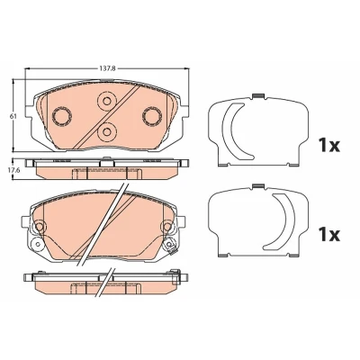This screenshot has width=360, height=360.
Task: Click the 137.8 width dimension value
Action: [107, 68]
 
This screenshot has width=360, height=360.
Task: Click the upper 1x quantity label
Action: [328, 146]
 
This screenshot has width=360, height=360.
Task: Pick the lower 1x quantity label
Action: [328, 235]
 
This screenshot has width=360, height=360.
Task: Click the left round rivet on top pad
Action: [62, 115]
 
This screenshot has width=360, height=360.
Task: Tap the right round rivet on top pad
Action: [152, 115]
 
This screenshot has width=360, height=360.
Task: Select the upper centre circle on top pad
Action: [106, 101]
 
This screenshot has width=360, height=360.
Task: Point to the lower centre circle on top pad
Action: [106, 131]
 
